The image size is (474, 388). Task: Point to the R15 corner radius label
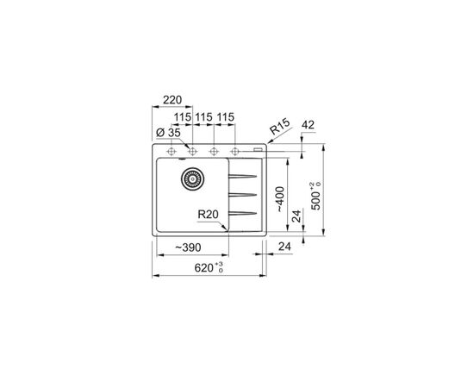coord(279,129)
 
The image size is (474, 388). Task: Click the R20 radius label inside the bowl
coord(207,216)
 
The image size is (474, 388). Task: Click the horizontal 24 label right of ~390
coord(286,248)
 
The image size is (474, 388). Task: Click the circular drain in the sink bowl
coord(191,179)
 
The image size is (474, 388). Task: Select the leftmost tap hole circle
coord(172,151)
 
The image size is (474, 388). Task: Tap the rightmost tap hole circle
coord(234,151)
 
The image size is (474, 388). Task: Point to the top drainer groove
coord(242,177)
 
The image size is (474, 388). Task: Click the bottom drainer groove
coord(242,212)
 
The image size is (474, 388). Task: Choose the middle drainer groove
coord(242,195)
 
